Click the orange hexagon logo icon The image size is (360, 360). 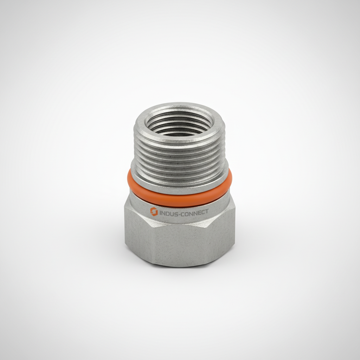coord(154,211)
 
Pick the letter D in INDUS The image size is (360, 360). coord(168,212)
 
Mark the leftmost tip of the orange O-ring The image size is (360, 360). coord(128,179)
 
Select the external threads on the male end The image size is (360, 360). coord(179,155)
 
